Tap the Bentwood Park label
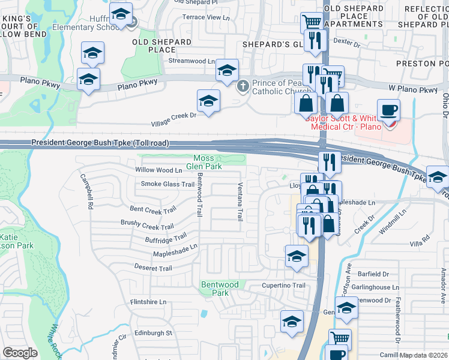[x=220, y=289]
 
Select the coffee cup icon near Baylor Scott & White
[x=388, y=110]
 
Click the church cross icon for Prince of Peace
[x=243, y=86]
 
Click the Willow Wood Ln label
[x=154, y=170]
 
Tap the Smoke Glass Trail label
[x=167, y=184]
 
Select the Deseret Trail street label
[x=153, y=268]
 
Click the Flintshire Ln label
[x=148, y=302]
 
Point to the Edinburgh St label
[x=152, y=332]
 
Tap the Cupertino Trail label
[x=283, y=286]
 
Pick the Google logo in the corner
[x=20, y=352]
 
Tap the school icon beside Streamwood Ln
[x=227, y=70]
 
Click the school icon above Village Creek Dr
[x=208, y=100]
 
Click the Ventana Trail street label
[x=240, y=201]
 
